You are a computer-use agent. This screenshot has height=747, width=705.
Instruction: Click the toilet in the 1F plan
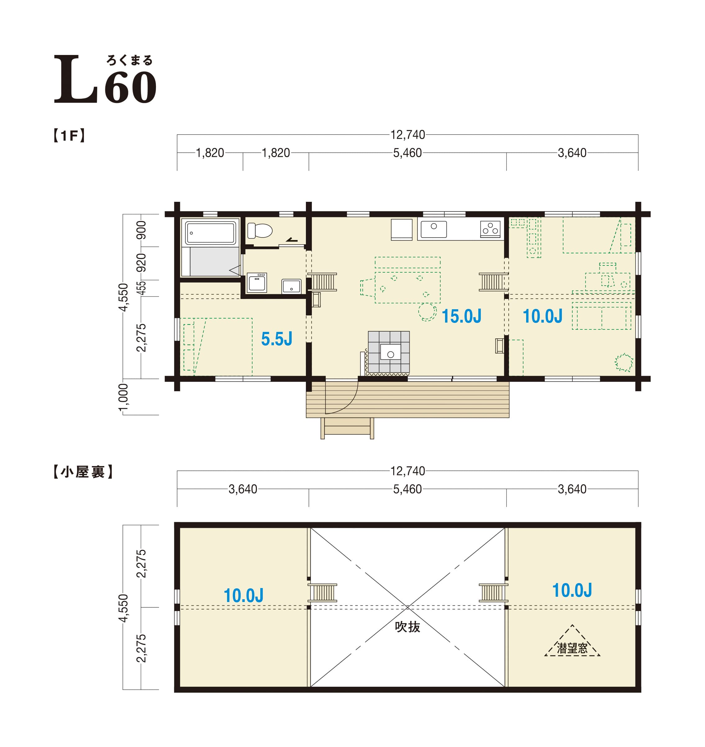(260, 231)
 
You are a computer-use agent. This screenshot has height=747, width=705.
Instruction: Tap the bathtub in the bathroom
(211, 233)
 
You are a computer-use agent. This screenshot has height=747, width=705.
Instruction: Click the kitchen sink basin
(434, 229)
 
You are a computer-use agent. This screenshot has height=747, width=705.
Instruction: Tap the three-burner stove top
(490, 229)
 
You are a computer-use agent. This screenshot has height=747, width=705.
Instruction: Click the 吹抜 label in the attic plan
(408, 627)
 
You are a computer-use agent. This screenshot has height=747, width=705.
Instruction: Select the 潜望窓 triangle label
(572, 648)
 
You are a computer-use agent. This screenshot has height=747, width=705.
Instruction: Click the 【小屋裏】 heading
(83, 472)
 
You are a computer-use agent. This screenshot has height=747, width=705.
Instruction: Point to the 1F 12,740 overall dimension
(408, 134)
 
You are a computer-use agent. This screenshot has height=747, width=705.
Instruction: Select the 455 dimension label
(141, 288)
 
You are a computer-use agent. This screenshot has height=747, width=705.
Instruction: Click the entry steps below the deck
(347, 428)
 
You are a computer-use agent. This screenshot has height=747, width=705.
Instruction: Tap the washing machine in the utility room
(257, 283)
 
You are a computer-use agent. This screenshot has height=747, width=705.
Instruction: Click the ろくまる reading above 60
(130, 60)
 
